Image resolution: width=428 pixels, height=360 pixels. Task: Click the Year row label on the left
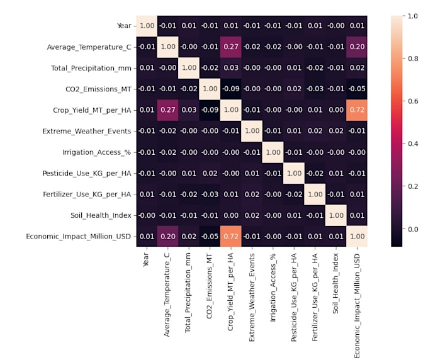pyautogui.click(x=124, y=26)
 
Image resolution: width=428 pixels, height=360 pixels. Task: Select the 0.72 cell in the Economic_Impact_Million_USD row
pyautogui.click(x=230, y=236)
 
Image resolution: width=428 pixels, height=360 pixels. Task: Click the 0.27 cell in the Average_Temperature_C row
pyautogui.click(x=230, y=47)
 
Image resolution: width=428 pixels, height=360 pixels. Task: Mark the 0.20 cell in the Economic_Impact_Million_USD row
pyautogui.click(x=167, y=236)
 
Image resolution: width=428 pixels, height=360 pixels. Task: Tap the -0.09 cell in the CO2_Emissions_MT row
pyautogui.click(x=230, y=89)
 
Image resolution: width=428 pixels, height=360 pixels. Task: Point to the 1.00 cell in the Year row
pyautogui.click(x=145, y=26)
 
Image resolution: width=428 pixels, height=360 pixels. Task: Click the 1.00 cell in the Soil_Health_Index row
pyautogui.click(x=336, y=215)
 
